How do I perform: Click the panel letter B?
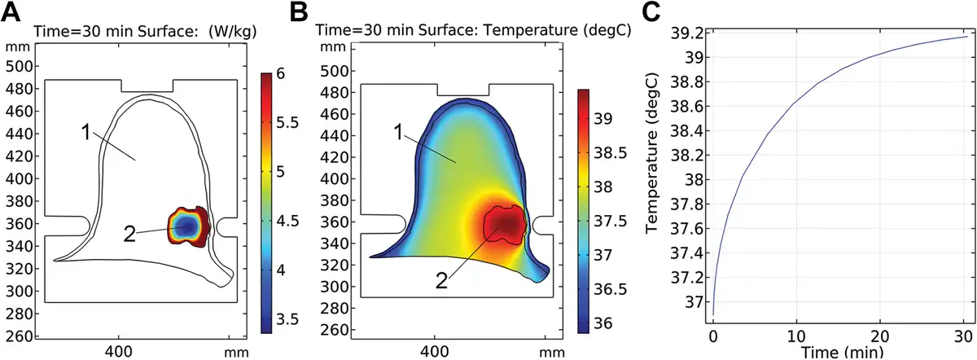[299, 11]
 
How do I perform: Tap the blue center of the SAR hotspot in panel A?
[187, 225]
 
